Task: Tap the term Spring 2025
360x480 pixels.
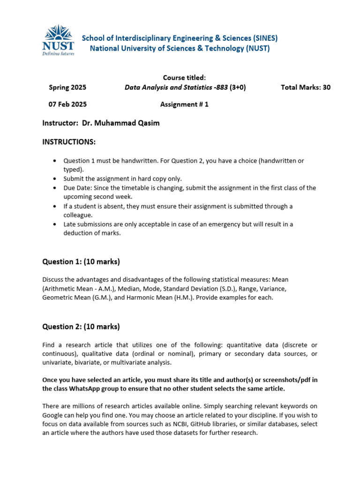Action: click(x=67, y=87)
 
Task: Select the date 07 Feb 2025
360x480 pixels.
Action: click(x=67, y=105)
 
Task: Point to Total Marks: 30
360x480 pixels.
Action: click(x=305, y=87)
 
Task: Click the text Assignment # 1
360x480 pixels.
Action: click(x=184, y=105)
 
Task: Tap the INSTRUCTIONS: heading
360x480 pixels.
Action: click(x=69, y=142)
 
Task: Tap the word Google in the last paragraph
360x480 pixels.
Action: click(x=53, y=415)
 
